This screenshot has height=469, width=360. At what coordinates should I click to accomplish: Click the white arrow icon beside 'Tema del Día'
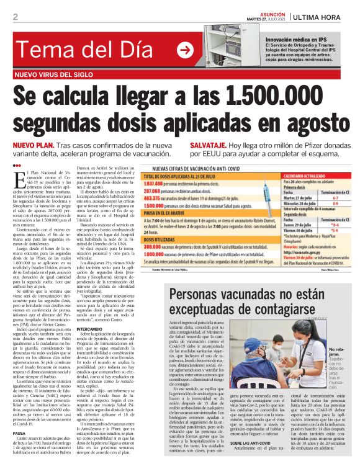coord(185,50)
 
